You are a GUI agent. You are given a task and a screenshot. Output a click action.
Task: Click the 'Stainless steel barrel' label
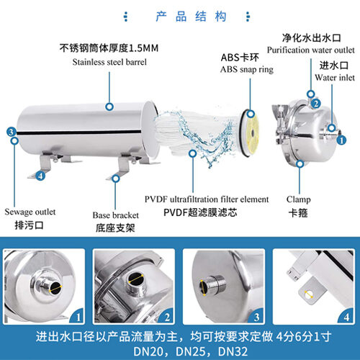(x=109, y=62)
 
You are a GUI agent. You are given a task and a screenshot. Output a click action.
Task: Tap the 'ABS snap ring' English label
(x=247, y=70)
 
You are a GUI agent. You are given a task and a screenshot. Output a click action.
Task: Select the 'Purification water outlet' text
(x=311, y=50)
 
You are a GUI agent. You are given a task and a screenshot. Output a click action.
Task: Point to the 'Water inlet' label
(x=335, y=78)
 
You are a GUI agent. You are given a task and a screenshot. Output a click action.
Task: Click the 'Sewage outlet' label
(x=30, y=212)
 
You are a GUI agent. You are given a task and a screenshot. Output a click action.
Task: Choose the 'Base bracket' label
(x=116, y=215)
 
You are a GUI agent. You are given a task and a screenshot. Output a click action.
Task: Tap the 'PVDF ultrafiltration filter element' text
(x=207, y=199)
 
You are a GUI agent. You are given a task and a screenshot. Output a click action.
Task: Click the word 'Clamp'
(x=298, y=199)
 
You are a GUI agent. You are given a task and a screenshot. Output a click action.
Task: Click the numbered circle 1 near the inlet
(x=341, y=140)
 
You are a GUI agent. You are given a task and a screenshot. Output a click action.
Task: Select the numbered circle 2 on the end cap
(x=316, y=104)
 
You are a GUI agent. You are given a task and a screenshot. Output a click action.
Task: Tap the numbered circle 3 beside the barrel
(x=12, y=132)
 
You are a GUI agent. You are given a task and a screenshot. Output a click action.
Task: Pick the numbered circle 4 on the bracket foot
(x=40, y=176)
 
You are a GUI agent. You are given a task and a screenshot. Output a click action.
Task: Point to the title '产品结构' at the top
(x=191, y=17)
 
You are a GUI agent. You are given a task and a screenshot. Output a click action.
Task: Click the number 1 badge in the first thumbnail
(x=78, y=317)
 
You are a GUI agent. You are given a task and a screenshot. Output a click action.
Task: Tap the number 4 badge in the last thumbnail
(x=346, y=317)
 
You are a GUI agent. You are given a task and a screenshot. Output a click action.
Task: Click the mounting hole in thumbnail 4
(x=309, y=294)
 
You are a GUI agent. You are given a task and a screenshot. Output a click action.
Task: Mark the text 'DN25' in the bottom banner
(x=191, y=351)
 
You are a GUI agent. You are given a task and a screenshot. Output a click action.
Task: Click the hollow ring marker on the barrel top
(x=109, y=107)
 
